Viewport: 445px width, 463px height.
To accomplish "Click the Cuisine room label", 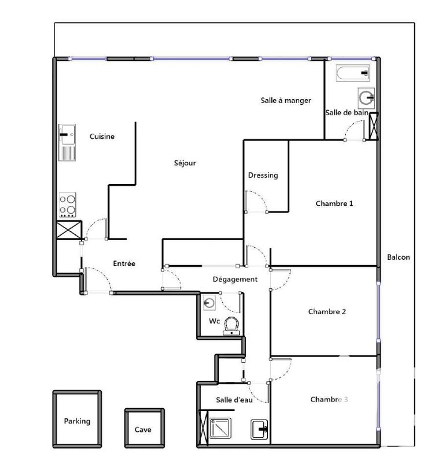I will [102, 137].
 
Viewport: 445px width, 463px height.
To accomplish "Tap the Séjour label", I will [185, 163].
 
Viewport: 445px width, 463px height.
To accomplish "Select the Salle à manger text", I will [285, 100].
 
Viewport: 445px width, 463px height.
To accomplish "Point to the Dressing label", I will [263, 175].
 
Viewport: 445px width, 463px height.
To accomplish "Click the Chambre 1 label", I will [334, 204].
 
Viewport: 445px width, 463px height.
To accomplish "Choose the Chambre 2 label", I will [327, 311].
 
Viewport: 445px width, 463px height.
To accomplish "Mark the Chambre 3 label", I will [329, 399].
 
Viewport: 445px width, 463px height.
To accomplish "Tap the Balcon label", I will [398, 257].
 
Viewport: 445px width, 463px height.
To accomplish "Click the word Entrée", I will [124, 263].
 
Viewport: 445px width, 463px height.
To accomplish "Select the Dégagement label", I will [235, 279].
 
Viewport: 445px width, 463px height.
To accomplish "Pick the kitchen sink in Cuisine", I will [67, 135].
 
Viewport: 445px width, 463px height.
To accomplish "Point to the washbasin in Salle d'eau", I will [259, 429].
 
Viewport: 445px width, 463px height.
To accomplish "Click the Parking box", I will [77, 421].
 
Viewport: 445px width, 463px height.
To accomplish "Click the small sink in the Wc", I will [209, 302].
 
